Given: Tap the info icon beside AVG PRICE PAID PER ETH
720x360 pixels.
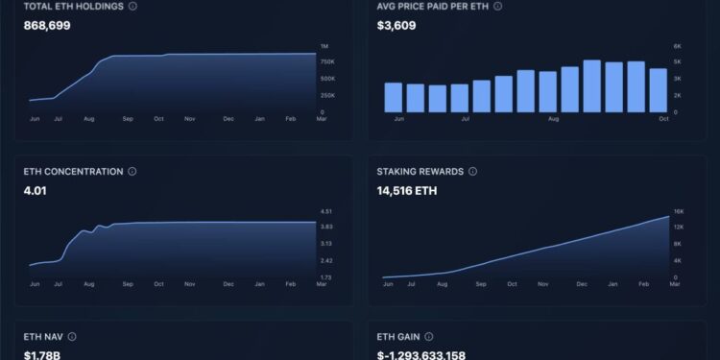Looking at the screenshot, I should pyautogui.click(x=497, y=6).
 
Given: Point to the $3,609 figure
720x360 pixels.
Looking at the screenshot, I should pyautogui.click(x=397, y=25).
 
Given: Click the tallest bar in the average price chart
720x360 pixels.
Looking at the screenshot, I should pyautogui.click(x=592, y=86).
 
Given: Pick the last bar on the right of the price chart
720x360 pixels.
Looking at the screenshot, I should pyautogui.click(x=658, y=89).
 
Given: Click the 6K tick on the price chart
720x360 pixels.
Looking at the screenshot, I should pyautogui.click(x=677, y=46).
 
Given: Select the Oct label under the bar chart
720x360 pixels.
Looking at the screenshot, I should pyautogui.click(x=664, y=119).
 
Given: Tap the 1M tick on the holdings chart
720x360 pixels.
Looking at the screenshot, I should pyautogui.click(x=324, y=46).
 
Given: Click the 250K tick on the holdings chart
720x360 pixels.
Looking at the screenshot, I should pyautogui.click(x=325, y=96).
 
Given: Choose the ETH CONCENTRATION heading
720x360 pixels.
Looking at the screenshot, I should pyautogui.click(x=73, y=172).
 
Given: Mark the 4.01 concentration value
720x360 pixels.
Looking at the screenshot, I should pyautogui.click(x=36, y=190).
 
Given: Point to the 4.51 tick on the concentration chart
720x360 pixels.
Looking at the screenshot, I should pyautogui.click(x=325, y=211).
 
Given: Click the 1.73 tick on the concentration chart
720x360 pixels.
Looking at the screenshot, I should pyautogui.click(x=325, y=277).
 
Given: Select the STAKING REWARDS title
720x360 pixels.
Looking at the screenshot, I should pyautogui.click(x=420, y=172).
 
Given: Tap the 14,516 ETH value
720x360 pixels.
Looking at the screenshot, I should pyautogui.click(x=408, y=190).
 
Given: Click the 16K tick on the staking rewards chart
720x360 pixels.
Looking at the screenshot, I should pyautogui.click(x=678, y=211).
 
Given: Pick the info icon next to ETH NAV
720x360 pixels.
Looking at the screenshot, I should pyautogui.click(x=72, y=337).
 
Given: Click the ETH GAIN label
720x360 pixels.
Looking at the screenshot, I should pyautogui.click(x=398, y=337).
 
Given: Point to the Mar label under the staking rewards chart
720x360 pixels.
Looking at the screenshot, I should pyautogui.click(x=674, y=284).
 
